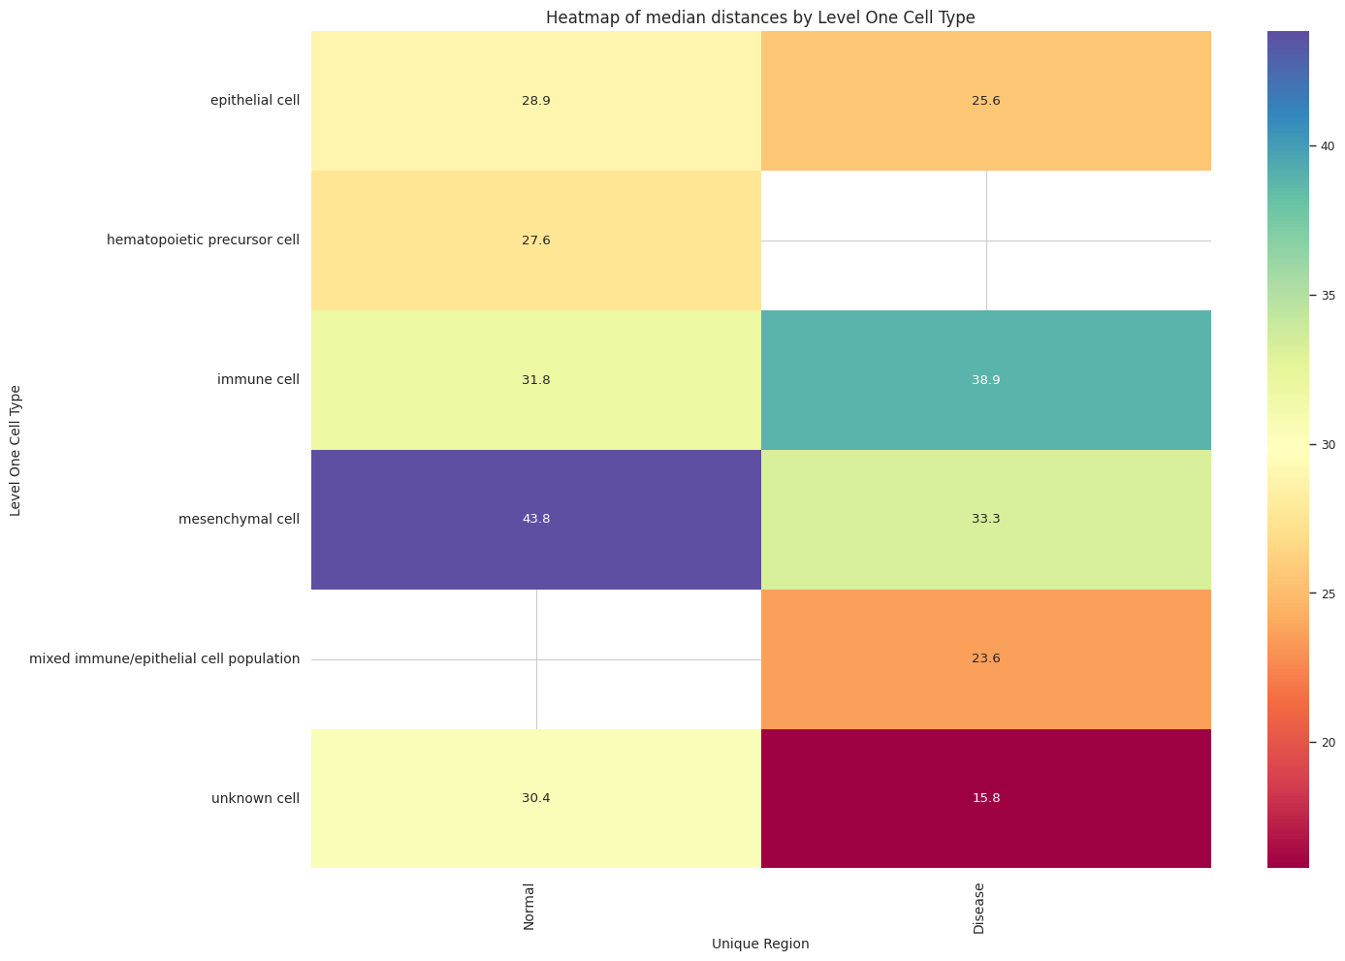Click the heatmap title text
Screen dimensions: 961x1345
(760, 16)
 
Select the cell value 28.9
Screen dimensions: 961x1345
(535, 101)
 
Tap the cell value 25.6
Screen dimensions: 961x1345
(985, 101)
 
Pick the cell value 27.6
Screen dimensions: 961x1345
(535, 240)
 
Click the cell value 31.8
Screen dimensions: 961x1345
(535, 380)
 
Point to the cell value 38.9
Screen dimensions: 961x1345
(985, 380)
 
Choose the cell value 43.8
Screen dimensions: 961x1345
(535, 519)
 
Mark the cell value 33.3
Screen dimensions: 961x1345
(985, 519)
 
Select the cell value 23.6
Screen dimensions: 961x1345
(985, 658)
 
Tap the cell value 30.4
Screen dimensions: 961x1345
(535, 798)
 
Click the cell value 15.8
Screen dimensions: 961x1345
(985, 798)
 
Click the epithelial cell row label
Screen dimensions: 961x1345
(255, 101)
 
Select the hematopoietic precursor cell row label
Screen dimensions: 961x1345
(203, 240)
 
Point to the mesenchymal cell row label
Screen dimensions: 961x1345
(240, 519)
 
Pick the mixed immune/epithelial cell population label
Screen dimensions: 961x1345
(165, 658)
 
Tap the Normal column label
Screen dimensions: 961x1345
(529, 908)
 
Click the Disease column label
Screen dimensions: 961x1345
(979, 909)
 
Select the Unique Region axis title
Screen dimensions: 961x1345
(760, 944)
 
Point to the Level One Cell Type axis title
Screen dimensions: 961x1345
(16, 450)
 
